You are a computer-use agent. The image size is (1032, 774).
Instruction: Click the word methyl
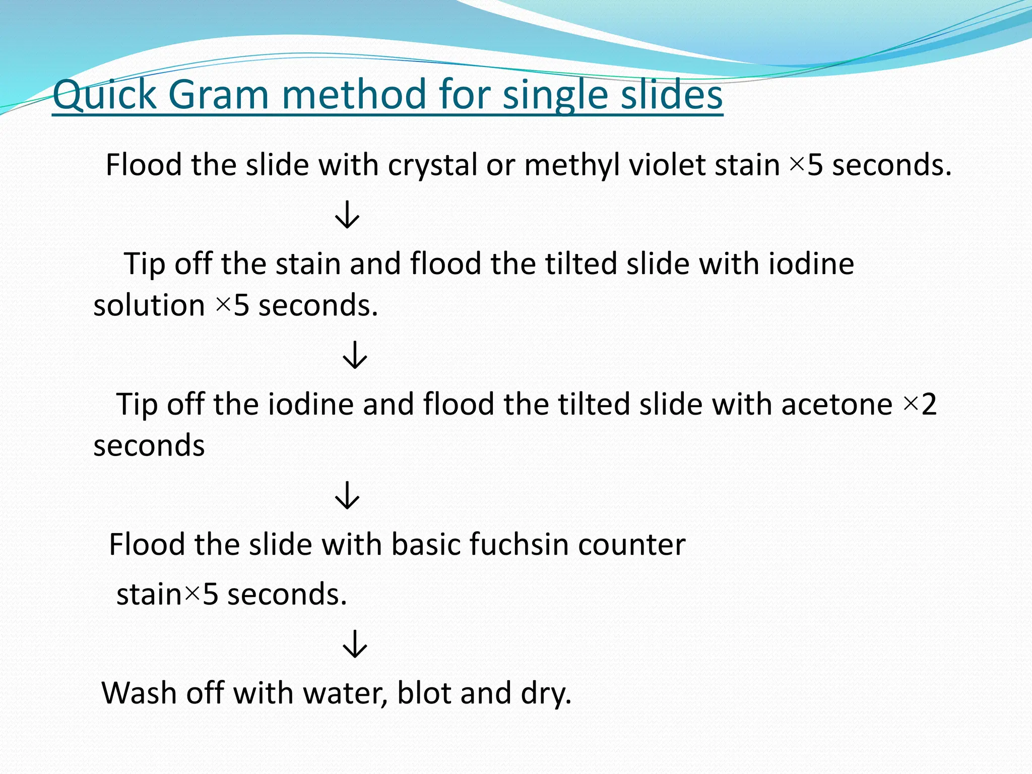pos(571,165)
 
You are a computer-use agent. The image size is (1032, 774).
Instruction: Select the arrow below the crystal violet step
pos(347,215)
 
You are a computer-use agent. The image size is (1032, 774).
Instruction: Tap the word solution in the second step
pos(149,305)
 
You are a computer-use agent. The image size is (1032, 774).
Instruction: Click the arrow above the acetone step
pos(355,355)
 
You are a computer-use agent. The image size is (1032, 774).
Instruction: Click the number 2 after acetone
pos(929,404)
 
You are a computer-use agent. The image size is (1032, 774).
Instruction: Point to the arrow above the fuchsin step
pos(347,495)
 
